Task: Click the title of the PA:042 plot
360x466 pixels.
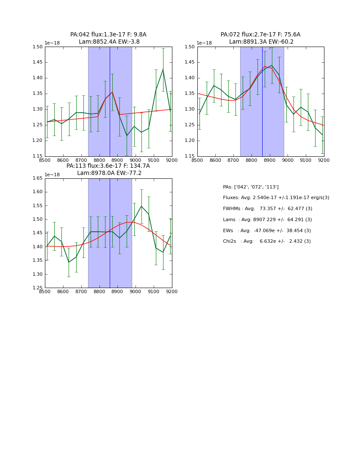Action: [108, 38]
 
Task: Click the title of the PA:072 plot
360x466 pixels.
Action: [260, 38]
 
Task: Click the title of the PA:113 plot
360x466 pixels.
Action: [108, 169]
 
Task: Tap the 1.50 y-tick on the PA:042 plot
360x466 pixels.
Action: [38, 47]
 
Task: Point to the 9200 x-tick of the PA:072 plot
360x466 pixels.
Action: [324, 160]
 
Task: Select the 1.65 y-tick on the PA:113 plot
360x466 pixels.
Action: [38, 178]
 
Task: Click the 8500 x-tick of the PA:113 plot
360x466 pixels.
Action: [45, 291]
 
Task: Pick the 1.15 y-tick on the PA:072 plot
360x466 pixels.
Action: [190, 156]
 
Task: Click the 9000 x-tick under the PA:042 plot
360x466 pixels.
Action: [136, 160]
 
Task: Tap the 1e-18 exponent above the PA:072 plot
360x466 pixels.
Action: [204, 43]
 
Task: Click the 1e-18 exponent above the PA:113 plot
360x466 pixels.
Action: [52, 175]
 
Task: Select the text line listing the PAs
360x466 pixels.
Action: [251, 187]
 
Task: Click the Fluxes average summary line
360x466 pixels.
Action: [276, 198]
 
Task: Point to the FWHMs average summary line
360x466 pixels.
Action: [267, 209]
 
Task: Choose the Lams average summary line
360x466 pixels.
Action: [267, 220]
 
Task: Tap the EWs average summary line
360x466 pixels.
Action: [267, 230]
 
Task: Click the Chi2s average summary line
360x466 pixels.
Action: [267, 241]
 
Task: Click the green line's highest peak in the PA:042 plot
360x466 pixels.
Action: [163, 69]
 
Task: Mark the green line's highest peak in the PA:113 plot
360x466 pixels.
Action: [141, 206]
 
